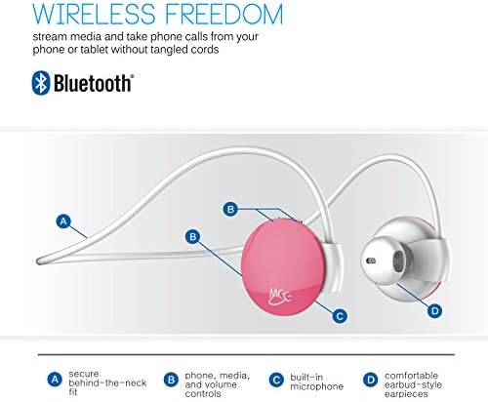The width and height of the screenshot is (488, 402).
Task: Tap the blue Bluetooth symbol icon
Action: click(x=42, y=82)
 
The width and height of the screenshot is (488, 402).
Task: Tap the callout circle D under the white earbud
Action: click(x=434, y=312)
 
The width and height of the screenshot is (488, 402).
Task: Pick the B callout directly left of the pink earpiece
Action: click(x=193, y=235)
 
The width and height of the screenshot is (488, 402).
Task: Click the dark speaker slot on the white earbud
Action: click(x=369, y=261)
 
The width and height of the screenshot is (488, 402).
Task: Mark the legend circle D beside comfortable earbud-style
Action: click(x=370, y=379)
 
